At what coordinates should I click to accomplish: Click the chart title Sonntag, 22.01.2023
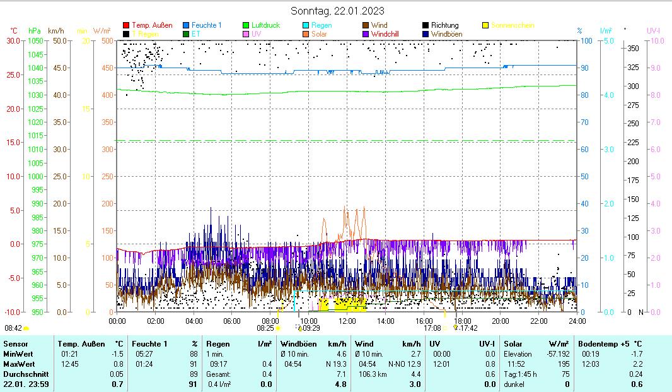tap(337, 11)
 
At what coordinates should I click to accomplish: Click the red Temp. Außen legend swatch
tap(126, 25)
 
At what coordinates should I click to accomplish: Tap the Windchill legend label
tap(389, 33)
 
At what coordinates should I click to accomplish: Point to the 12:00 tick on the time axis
tap(347, 321)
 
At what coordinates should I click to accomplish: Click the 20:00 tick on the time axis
tap(501, 321)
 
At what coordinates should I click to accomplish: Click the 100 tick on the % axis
tap(586, 41)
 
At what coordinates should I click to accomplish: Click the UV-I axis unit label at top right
tap(653, 30)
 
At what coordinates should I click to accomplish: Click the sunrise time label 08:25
tap(265, 328)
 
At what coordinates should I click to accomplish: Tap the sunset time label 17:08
tap(432, 328)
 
